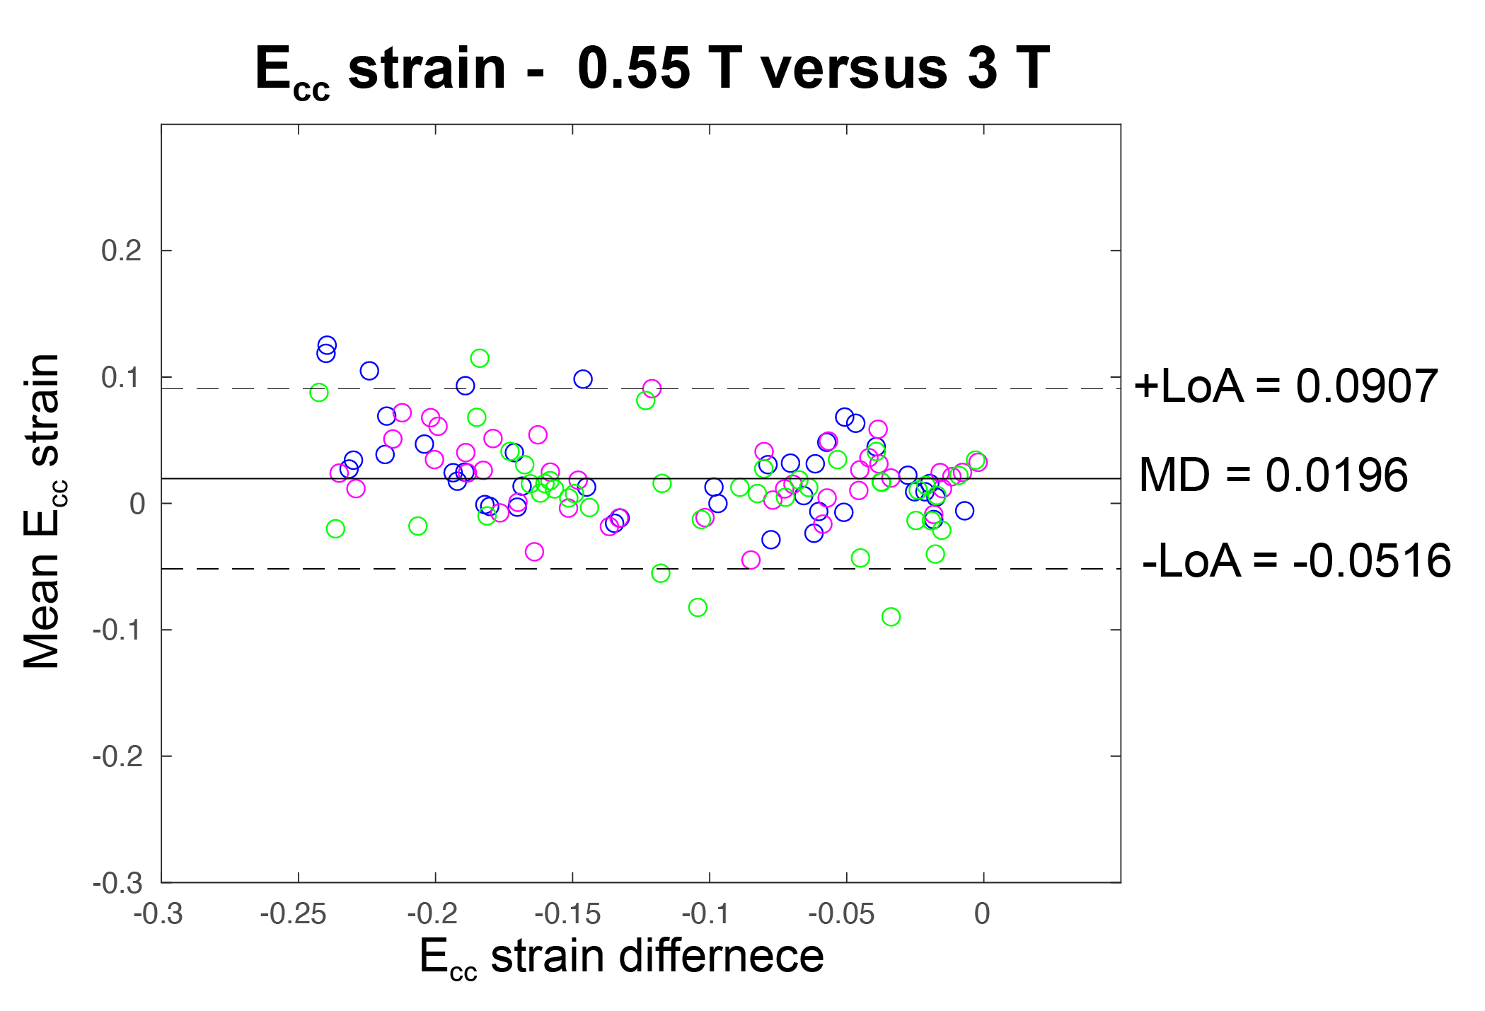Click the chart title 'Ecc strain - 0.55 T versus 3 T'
point(652,69)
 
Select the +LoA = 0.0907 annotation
point(1285,386)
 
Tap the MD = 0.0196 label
point(1273,475)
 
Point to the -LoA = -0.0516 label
point(1296,561)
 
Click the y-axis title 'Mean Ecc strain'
point(42,511)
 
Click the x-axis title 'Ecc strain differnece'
point(621,957)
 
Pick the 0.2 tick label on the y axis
point(122,250)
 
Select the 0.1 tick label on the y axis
point(122,377)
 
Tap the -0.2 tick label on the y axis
point(117,756)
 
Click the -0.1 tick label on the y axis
point(117,630)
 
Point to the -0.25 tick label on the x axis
point(293,914)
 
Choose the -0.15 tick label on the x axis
point(567,914)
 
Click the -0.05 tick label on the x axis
point(841,914)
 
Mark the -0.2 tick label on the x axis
point(432,914)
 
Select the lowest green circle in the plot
point(891,617)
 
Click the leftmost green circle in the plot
point(319,393)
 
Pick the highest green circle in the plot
point(480,358)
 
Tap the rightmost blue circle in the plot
point(964,511)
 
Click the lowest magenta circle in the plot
point(751,560)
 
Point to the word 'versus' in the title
point(854,69)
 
